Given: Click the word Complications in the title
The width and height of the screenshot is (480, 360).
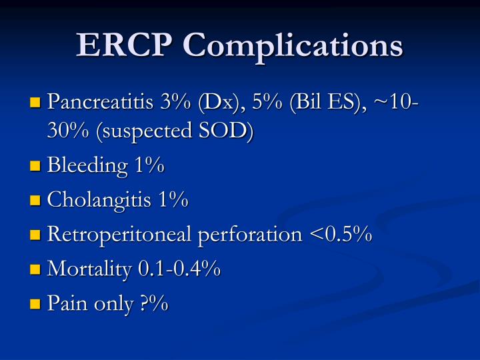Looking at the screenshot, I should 293,46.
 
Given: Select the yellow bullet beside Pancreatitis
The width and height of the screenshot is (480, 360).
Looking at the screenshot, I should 35,103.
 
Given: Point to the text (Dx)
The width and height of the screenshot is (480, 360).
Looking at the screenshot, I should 216,103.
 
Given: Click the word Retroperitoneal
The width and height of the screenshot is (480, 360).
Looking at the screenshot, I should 109,235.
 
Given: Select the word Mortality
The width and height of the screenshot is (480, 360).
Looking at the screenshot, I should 90,270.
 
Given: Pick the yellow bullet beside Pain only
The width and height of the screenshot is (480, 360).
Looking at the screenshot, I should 35,305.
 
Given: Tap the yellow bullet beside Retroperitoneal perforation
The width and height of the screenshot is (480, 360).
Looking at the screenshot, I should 35,235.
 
